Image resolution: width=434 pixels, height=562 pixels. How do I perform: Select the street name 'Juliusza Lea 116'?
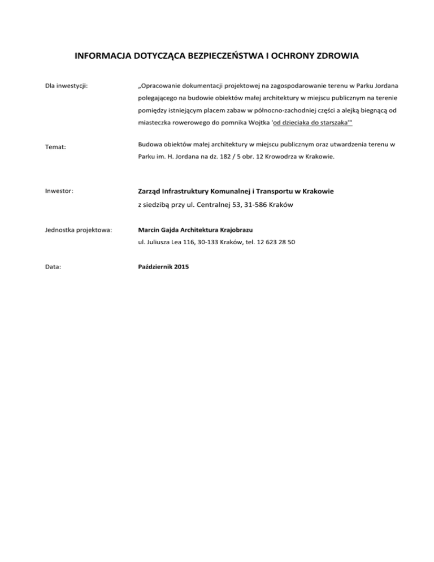pos(168,242)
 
